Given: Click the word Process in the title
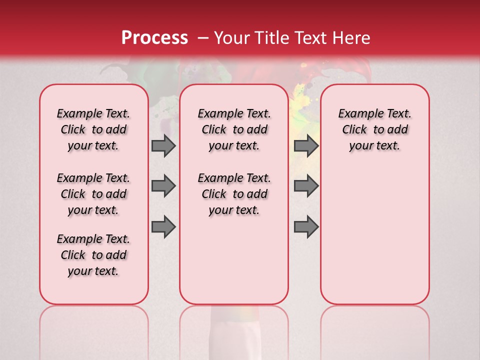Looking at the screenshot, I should coord(154,38).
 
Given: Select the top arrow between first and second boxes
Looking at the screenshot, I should coord(163,145).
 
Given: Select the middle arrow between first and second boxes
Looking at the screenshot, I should coord(163,186).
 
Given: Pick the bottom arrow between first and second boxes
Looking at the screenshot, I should coord(163,226).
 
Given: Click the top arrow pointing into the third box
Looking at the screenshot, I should coord(306,145).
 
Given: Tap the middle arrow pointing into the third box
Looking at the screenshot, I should coord(306,186).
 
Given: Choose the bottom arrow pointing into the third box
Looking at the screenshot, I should coord(306,226).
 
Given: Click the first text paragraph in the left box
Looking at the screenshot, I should coord(93,129).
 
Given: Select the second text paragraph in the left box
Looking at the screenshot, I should coord(93,194).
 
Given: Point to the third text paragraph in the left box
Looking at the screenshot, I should coord(93,255).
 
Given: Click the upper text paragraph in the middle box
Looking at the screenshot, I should coord(234,129).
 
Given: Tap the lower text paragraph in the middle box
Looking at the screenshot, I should coord(234,194).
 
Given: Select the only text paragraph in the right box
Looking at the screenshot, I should coord(375,129).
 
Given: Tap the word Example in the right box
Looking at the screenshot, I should coord(357,114).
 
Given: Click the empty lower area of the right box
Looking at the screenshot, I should coord(375,240).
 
